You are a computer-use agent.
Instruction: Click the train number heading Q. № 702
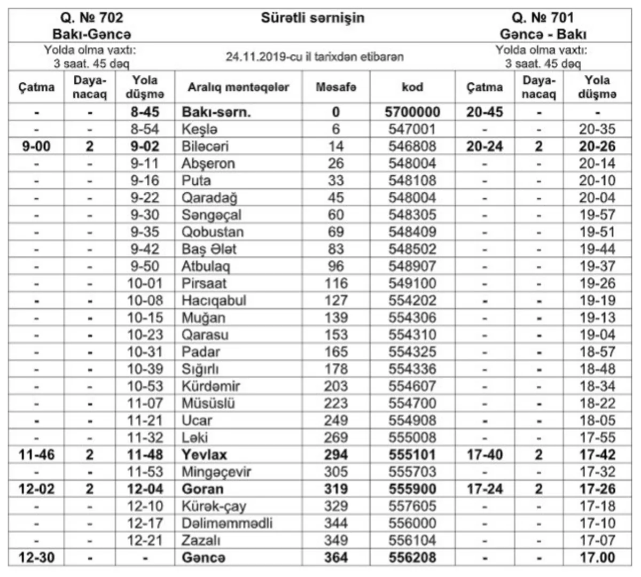click(x=91, y=18)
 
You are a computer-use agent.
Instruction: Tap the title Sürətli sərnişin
click(x=312, y=18)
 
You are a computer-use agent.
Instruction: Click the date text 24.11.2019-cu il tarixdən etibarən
click(x=314, y=57)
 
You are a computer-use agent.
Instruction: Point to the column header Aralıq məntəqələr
click(x=238, y=87)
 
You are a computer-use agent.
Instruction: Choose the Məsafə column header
click(x=335, y=87)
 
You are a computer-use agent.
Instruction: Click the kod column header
click(x=412, y=87)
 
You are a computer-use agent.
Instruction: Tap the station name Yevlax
click(x=204, y=455)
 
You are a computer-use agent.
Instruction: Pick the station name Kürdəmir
click(x=210, y=386)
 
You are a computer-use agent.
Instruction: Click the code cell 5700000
click(x=412, y=112)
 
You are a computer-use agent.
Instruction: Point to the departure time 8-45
click(x=145, y=112)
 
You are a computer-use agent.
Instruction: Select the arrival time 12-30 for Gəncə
click(x=36, y=558)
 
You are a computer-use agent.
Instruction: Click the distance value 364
click(x=335, y=558)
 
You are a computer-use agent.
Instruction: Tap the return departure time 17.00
click(x=597, y=558)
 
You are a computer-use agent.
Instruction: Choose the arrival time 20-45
click(x=484, y=112)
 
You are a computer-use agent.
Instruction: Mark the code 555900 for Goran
click(x=412, y=489)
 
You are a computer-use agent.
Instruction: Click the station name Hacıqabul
click(x=214, y=301)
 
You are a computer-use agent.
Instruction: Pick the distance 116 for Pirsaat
click(x=335, y=284)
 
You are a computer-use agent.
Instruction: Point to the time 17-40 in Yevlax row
click(x=484, y=455)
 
